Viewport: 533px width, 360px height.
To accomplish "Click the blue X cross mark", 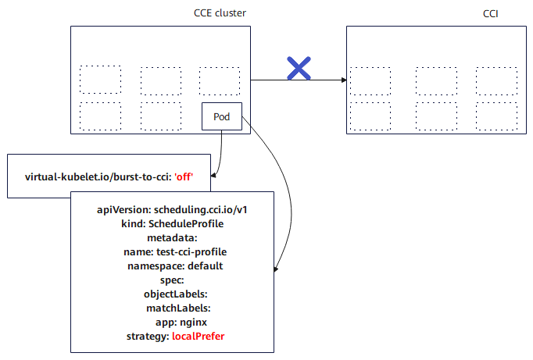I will point(299,69).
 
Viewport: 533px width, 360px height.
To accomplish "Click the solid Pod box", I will point(222,117).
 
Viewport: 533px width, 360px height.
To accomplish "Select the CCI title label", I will point(492,14).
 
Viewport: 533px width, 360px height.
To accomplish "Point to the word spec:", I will point(172,280).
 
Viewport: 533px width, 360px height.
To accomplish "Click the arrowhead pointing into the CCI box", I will point(343,80).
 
